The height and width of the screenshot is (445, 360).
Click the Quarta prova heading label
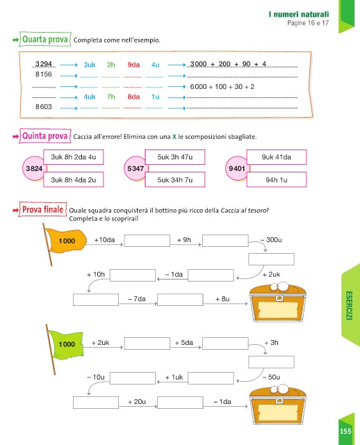point(45,39)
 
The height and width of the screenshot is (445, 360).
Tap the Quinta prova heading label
point(44,136)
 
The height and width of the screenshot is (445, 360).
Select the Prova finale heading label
point(43,210)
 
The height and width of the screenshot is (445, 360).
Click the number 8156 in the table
point(43,74)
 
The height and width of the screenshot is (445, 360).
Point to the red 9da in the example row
point(133,65)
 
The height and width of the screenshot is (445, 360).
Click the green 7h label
point(111,97)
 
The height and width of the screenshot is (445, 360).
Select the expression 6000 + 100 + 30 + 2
point(222,86)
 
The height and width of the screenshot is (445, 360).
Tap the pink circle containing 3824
point(34,168)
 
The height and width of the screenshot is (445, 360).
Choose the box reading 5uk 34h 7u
point(174,179)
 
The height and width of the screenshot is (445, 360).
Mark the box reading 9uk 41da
point(277,157)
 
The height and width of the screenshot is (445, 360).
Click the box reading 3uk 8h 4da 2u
point(74,179)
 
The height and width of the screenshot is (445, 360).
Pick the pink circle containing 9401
point(237,168)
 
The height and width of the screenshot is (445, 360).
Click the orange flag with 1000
point(67,241)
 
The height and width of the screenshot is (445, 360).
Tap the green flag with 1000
point(67,344)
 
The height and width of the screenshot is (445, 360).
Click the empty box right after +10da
point(147,241)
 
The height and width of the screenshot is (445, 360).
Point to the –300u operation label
point(271,240)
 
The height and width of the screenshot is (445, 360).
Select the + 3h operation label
point(271,343)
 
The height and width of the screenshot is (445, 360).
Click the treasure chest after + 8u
point(278,302)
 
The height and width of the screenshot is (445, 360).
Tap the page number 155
point(345,431)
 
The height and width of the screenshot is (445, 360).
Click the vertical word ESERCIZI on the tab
point(349,306)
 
